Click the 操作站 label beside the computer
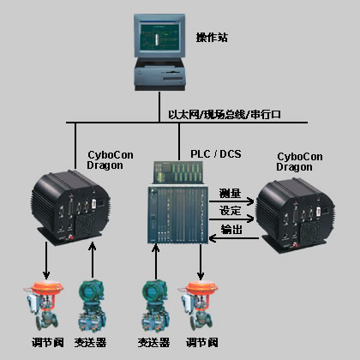212,38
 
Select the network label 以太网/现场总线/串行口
225,115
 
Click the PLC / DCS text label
216,154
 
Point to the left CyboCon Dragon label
110,160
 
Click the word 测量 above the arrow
230,194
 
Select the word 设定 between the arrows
230,211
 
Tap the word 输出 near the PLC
231,229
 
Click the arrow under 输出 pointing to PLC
234,238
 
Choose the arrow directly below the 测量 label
231,201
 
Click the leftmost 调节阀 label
48,342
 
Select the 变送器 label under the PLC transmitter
153,342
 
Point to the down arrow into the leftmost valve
46,261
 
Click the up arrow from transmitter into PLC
156,261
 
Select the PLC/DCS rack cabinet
178,202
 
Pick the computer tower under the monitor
159,74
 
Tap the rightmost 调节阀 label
202,342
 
